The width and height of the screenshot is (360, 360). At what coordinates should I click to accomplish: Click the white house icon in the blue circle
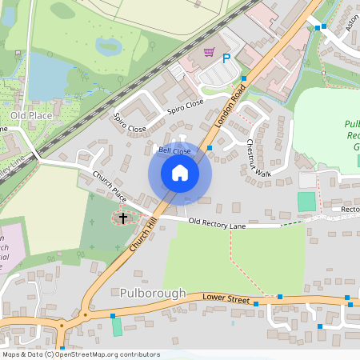[179, 172]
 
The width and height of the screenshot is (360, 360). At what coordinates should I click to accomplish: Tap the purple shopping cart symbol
[209, 53]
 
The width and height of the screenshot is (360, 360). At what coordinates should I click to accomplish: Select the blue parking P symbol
[226, 58]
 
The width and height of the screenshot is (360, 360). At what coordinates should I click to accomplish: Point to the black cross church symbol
[123, 217]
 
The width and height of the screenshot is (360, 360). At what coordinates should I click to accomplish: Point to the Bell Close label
[174, 150]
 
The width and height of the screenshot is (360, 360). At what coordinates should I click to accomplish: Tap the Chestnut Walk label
[258, 158]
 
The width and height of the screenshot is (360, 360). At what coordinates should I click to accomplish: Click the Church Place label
[109, 186]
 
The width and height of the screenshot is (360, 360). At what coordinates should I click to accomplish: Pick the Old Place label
[30, 116]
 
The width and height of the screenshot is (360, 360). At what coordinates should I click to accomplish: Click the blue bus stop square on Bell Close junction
[209, 147]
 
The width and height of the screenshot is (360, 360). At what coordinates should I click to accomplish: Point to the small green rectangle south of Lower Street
[118, 326]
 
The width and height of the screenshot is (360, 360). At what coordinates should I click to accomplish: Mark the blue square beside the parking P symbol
[242, 78]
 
